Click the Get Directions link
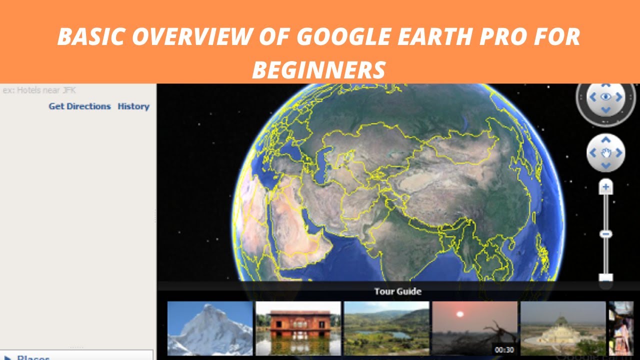pos(79,106)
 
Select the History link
pos(133,106)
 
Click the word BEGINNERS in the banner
pos(319,70)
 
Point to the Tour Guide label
pos(397,291)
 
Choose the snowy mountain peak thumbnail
pos(210,328)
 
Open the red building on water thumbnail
pos(298,328)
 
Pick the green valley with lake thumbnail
pos(386,328)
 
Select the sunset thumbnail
pos(474,328)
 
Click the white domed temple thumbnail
pos(563,328)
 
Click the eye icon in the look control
pos(606,96)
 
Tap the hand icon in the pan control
pos(606,152)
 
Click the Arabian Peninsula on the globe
pos(295,235)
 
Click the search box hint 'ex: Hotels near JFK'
pos(39,90)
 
